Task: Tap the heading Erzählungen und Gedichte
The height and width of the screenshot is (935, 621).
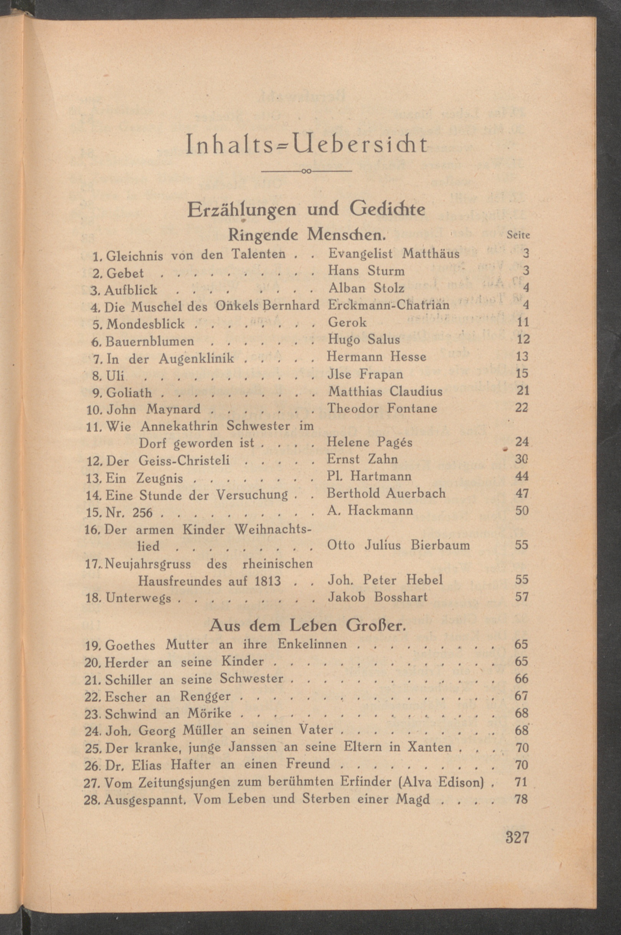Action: [306, 210]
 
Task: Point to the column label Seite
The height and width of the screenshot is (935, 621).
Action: [518, 235]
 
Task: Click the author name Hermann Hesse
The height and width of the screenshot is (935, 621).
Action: [377, 357]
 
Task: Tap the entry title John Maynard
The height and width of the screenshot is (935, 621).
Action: [154, 409]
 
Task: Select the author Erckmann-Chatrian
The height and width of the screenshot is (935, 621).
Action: [389, 305]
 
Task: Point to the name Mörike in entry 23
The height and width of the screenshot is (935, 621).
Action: [215, 713]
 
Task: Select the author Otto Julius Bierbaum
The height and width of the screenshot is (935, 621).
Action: [398, 546]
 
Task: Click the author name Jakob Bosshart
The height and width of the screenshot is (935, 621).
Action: [377, 597]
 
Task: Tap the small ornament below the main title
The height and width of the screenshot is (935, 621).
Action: [307, 171]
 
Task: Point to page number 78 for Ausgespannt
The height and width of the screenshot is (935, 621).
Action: [521, 799]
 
